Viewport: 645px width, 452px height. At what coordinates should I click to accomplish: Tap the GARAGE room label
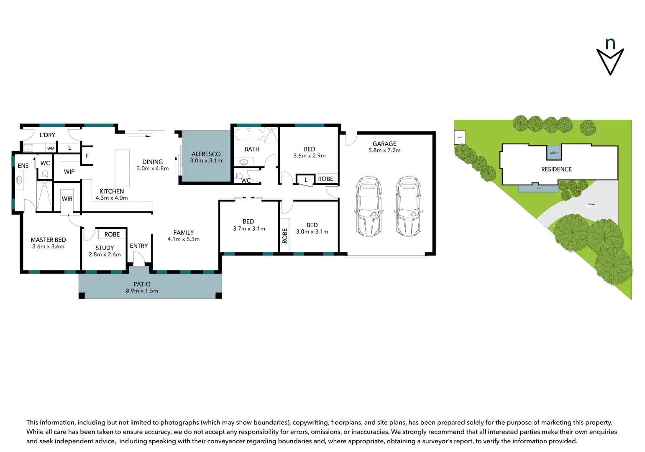(x=384, y=144)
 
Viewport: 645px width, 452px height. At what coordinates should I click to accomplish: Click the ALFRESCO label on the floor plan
(x=206, y=154)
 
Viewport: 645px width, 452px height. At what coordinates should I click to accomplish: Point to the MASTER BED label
(x=48, y=240)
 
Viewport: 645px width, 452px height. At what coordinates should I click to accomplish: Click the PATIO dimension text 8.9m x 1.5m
(x=142, y=291)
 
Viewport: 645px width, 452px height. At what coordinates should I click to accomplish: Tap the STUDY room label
(x=105, y=248)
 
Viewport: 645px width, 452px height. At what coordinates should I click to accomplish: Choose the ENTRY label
(x=138, y=246)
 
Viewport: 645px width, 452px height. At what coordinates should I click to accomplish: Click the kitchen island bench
(x=122, y=168)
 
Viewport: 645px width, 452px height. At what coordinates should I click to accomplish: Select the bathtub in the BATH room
(x=248, y=135)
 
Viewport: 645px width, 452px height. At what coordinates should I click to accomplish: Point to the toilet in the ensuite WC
(x=45, y=174)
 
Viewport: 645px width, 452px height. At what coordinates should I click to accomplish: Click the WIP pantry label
(x=69, y=172)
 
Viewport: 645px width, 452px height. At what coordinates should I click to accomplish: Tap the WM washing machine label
(x=51, y=148)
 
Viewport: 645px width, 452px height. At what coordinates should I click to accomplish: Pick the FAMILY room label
(x=184, y=233)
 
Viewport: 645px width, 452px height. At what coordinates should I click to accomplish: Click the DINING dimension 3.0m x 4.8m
(x=152, y=169)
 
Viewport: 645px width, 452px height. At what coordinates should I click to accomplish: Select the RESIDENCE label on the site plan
(x=556, y=169)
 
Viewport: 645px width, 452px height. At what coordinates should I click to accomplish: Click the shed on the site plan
(x=459, y=137)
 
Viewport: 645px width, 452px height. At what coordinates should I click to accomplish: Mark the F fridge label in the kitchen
(x=87, y=156)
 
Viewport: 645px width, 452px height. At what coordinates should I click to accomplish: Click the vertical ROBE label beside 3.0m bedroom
(x=285, y=236)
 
